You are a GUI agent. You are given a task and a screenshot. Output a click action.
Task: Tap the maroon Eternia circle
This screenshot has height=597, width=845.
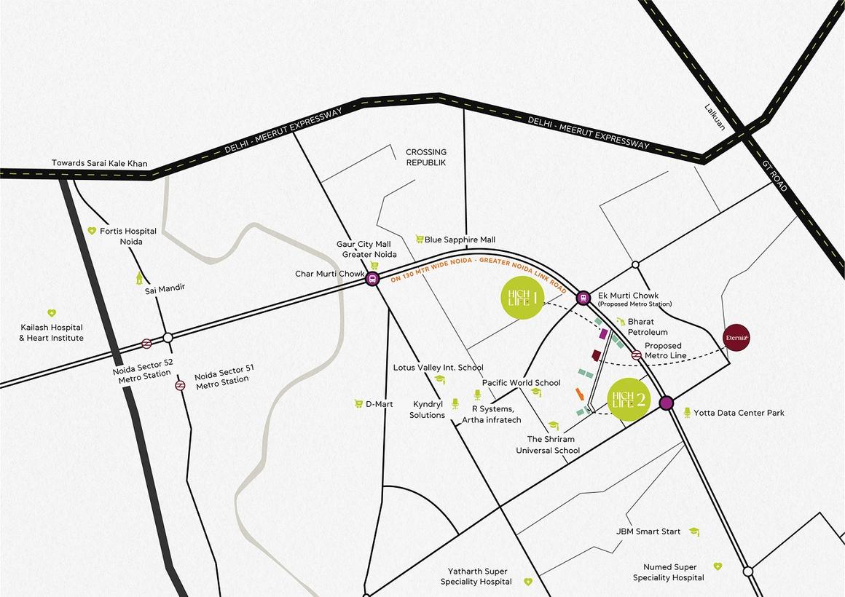pos(736,337)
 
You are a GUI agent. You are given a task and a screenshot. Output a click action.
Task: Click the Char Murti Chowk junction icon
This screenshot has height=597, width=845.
pos(372,278)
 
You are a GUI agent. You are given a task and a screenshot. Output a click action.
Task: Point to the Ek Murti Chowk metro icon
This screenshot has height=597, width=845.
pos(583,297)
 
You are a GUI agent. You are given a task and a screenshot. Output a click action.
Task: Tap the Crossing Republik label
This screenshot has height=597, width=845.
pos(425,157)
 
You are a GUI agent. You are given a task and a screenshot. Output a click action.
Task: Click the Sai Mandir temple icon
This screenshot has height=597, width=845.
pos(139,277)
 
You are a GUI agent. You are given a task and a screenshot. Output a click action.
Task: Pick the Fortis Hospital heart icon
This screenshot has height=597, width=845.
pos(92,231)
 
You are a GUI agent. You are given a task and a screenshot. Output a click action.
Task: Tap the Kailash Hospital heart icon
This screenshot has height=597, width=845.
pos(52,313)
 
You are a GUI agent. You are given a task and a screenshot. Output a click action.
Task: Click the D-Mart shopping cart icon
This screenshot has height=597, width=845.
pos(358,403)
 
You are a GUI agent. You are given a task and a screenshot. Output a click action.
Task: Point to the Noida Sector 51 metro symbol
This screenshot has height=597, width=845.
pos(180,385)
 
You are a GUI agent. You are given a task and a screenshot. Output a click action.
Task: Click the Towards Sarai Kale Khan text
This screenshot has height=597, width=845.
pos(99,164)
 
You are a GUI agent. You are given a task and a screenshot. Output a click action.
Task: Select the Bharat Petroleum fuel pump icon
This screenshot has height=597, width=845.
pos(620,321)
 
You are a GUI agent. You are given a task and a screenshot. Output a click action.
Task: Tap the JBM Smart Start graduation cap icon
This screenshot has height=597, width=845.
pos(695,531)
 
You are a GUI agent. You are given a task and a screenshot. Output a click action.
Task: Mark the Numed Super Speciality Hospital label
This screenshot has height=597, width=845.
pos(668,572)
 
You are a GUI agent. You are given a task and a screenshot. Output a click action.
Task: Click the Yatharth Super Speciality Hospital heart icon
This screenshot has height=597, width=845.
pos(528,582)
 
